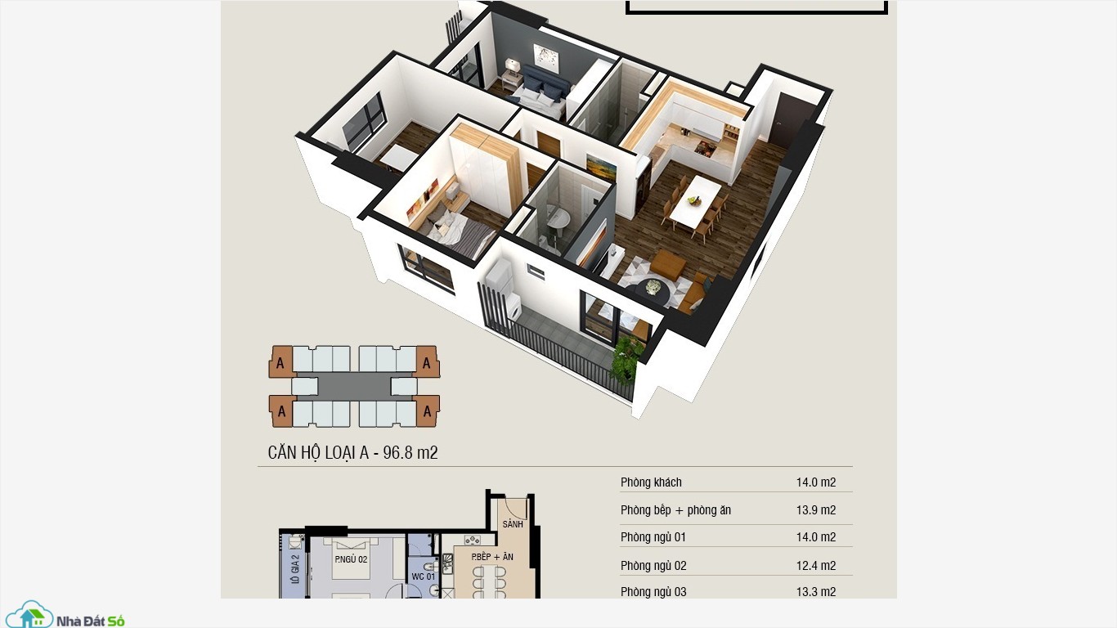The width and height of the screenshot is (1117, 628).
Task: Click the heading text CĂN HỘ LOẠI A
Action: [318, 452]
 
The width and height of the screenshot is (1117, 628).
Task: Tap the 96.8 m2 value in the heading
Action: [410, 452]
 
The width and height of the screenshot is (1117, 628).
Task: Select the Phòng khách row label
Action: [651, 482]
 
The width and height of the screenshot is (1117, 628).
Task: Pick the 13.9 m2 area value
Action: [816, 510]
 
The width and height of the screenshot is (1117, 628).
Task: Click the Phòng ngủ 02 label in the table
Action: [653, 566]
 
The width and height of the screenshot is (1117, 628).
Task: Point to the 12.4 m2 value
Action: [816, 566]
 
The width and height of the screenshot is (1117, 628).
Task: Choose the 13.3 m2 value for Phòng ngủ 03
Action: [816, 591]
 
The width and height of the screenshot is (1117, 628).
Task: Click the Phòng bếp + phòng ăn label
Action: [675, 510]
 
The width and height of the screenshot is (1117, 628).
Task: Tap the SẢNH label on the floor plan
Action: [513, 524]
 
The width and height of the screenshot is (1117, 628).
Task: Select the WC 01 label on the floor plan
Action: [424, 576]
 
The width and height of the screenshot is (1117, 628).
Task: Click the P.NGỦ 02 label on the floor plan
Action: [351, 559]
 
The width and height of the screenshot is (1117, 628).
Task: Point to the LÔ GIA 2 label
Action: [294, 569]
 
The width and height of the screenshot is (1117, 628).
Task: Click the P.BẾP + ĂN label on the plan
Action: [492, 557]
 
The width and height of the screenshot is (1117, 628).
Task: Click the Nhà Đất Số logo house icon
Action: [30, 615]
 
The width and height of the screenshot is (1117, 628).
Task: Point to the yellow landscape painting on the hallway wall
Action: [601, 166]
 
